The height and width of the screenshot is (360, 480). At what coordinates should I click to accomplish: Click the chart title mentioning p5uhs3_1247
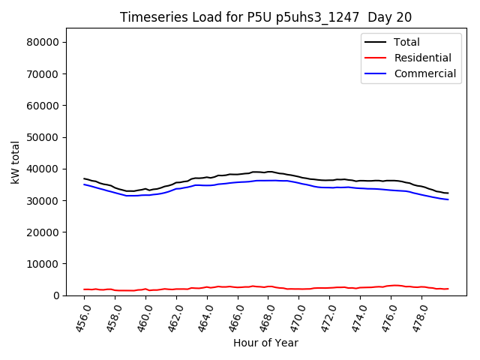(265, 16)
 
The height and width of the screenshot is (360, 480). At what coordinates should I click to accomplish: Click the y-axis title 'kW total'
(15, 162)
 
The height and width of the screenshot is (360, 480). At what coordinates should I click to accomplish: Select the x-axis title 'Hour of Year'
(265, 343)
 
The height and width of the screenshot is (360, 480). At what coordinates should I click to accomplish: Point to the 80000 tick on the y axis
(44, 42)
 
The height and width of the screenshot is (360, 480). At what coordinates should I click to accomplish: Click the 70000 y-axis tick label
(44, 74)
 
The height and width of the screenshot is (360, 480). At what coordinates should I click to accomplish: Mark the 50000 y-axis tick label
(44, 137)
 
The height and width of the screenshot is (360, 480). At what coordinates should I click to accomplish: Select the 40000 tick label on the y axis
(44, 169)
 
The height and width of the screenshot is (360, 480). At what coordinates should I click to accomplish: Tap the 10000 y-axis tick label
(44, 264)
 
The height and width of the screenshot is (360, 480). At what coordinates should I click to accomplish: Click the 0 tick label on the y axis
(57, 295)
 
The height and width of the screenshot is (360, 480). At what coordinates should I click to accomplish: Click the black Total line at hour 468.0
(268, 172)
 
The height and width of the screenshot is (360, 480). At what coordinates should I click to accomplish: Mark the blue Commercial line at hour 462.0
(176, 189)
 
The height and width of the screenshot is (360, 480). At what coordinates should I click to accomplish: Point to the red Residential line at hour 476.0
(391, 286)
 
